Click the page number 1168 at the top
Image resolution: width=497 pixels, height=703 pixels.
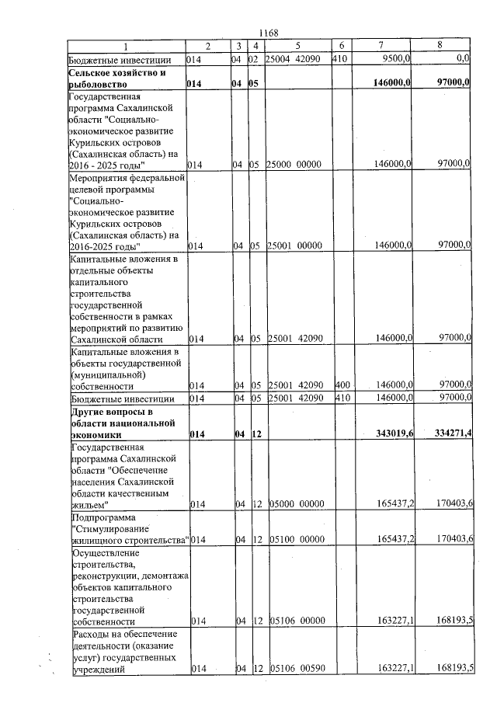267,33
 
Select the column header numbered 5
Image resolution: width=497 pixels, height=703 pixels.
297,45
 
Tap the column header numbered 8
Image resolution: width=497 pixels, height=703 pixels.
440,45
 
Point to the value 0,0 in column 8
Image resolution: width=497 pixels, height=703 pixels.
464,57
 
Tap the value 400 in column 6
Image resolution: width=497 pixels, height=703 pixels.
342,385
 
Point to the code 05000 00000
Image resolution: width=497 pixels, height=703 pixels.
295,504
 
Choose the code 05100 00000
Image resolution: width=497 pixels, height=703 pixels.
295,539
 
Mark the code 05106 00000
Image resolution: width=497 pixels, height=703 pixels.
295,621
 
